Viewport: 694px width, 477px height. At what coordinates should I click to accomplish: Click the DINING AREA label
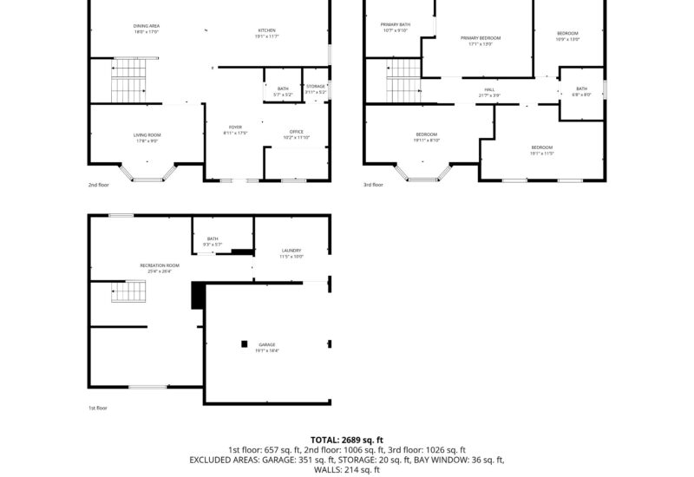tap(147, 27)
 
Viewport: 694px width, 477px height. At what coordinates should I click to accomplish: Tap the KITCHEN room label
tap(265, 30)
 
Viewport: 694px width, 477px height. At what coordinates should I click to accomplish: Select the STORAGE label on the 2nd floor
tap(316, 87)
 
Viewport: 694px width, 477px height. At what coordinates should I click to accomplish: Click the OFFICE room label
tap(297, 132)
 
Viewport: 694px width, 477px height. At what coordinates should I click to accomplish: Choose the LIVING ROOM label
tap(147, 134)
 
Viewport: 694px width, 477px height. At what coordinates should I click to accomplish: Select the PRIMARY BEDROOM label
tap(480, 38)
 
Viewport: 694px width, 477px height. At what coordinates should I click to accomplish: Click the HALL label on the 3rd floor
tap(489, 89)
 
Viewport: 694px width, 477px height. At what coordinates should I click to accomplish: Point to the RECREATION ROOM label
tap(160, 265)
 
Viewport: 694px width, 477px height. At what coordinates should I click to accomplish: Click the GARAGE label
tap(266, 344)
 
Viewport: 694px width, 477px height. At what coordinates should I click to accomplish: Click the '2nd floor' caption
tap(98, 185)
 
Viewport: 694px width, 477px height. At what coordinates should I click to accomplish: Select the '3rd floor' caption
tap(372, 185)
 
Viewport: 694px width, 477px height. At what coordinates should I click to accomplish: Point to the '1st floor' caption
tap(98, 408)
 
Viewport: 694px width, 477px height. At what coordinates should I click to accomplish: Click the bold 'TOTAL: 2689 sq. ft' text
tap(346, 440)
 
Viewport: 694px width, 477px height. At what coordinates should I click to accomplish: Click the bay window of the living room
tap(147, 174)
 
